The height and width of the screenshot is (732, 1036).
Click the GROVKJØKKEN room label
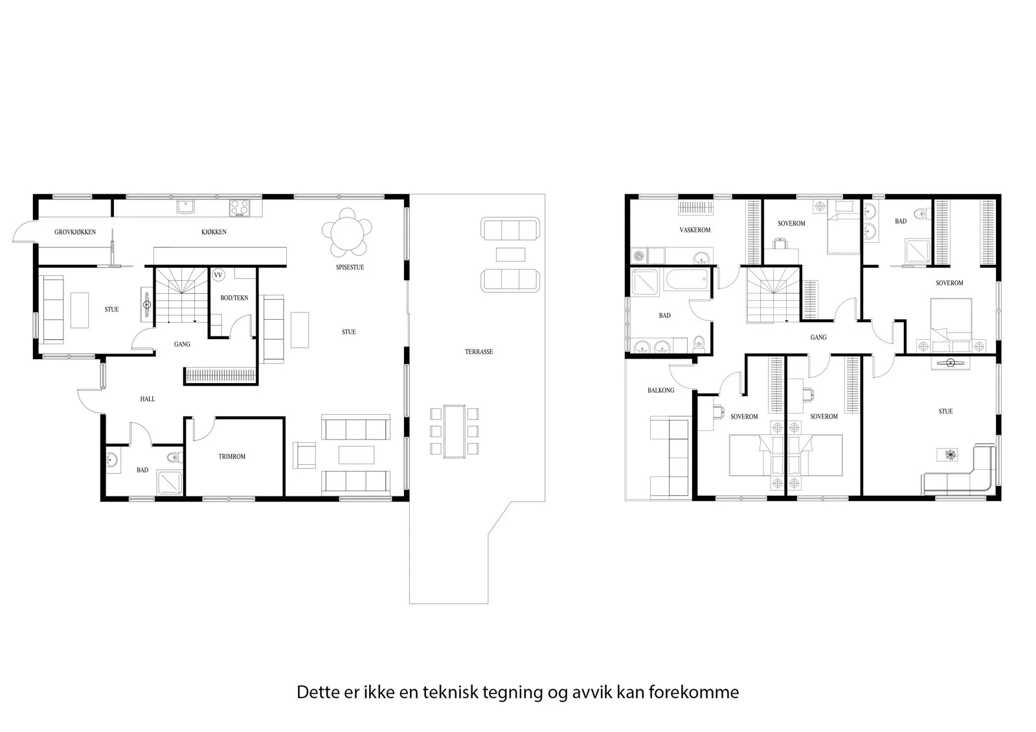75,232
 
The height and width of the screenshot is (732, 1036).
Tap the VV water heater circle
218,275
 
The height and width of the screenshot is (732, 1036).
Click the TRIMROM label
232,456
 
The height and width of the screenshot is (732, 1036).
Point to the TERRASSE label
479,352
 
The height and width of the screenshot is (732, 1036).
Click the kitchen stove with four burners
240,208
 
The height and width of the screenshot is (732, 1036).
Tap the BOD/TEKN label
234,298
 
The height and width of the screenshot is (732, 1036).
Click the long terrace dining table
454,432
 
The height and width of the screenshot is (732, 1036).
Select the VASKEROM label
695,230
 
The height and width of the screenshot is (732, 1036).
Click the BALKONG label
660,390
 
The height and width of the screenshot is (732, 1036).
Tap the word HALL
148,399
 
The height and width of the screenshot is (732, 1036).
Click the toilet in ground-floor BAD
174,458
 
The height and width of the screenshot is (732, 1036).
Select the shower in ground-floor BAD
170,483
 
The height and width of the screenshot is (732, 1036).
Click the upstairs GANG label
818,338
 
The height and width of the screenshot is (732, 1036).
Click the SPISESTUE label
350,267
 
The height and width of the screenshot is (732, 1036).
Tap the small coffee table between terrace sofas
511,254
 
